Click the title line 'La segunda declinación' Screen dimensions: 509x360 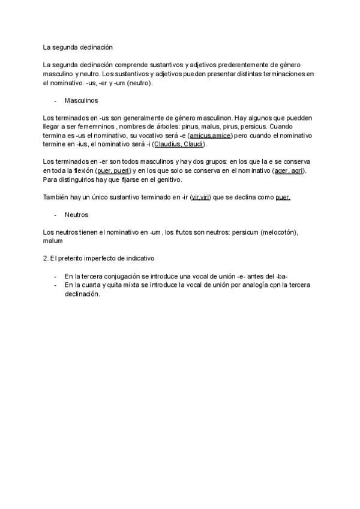(x=78, y=46)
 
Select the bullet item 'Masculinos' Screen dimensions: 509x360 (x=81, y=100)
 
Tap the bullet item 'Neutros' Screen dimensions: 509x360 (x=76, y=214)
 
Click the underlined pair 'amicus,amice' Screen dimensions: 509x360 (x=209, y=136)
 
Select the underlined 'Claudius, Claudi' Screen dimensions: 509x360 (x=179, y=144)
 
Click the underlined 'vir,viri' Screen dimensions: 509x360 (x=200, y=197)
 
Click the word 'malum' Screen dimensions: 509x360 (x=53, y=241)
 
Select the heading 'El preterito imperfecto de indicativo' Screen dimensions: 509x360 (x=103, y=259)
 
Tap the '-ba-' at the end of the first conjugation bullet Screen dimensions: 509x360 (x=282, y=276)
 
